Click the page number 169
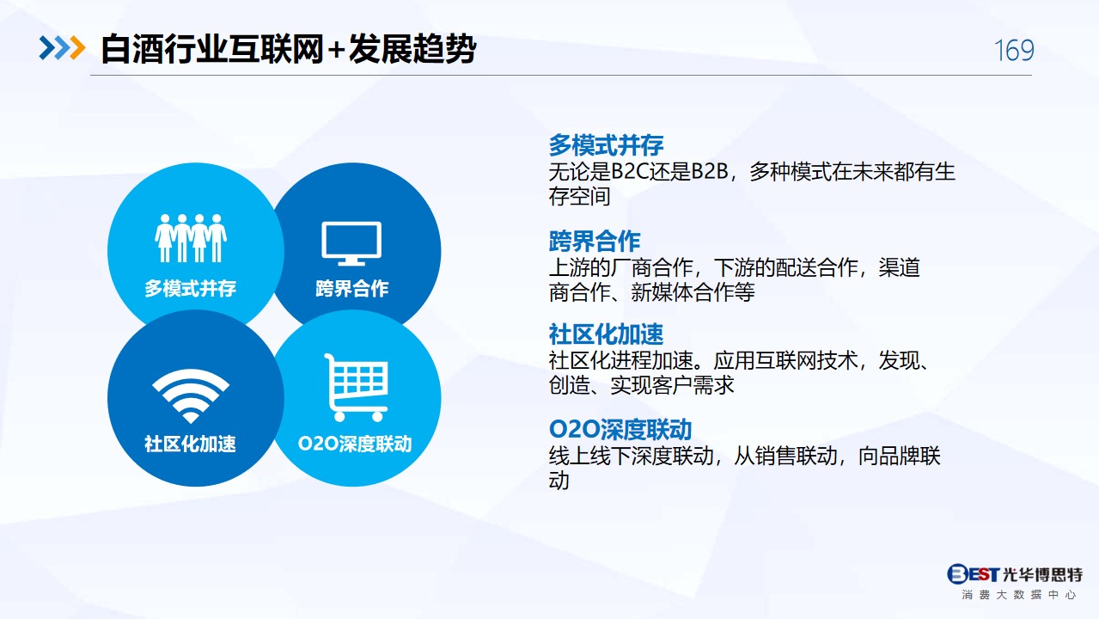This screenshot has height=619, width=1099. tap(1014, 50)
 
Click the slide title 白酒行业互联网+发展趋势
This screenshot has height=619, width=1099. tap(288, 49)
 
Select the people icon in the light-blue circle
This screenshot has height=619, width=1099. tap(191, 238)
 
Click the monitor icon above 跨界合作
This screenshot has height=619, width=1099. tap(351, 243)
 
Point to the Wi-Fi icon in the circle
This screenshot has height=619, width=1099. tap(191, 396)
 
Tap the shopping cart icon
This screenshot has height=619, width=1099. tap(357, 387)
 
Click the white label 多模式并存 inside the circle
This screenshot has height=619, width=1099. tap(191, 289)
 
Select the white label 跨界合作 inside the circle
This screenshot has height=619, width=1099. tap(351, 289)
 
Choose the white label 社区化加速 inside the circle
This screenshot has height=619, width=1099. tap(191, 444)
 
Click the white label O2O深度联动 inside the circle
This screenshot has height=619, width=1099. tap(355, 444)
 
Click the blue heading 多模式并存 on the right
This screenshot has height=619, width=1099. tap(606, 144)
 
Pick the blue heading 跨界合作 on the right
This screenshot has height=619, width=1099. tap(595, 241)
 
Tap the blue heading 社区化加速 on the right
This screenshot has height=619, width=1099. tap(606, 334)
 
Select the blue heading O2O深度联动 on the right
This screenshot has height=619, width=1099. tap(620, 430)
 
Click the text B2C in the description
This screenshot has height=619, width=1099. tap(630, 172)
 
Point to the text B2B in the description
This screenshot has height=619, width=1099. tap(710, 172)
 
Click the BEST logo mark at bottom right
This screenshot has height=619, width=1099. tap(973, 573)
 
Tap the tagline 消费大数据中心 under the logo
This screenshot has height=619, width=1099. tap(1019, 595)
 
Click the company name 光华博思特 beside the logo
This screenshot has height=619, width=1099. tap(1042, 574)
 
